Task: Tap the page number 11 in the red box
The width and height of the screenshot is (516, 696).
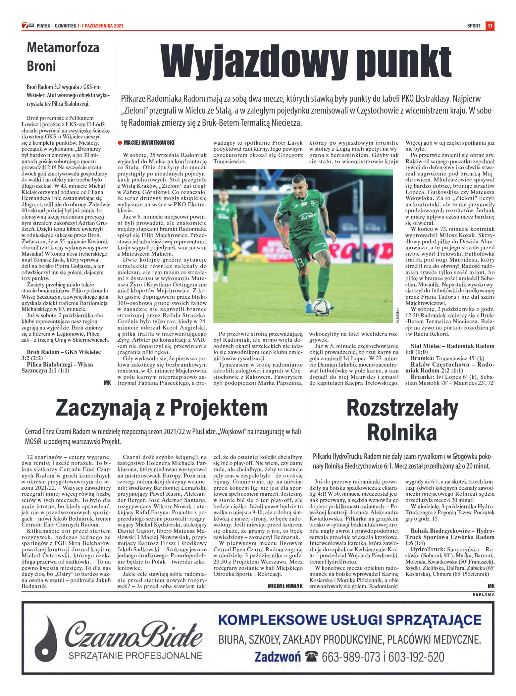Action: (x=490, y=25)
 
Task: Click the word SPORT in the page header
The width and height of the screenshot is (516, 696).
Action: (x=474, y=26)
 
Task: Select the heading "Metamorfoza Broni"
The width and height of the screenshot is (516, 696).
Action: (x=63, y=57)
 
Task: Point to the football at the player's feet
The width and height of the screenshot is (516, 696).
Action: (x=321, y=307)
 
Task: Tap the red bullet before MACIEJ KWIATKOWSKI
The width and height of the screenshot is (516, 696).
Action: (x=120, y=143)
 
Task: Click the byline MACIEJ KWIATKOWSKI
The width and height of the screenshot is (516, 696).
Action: (x=149, y=143)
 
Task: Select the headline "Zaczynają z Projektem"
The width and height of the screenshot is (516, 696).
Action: (x=162, y=408)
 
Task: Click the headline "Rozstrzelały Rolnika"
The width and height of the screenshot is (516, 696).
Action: (x=402, y=420)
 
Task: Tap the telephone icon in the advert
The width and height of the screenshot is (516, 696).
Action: (x=311, y=657)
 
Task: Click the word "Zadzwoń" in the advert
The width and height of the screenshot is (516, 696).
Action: (x=278, y=657)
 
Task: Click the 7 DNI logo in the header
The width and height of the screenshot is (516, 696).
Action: (x=28, y=25)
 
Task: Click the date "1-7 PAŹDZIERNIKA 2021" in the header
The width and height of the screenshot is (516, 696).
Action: (x=100, y=26)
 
